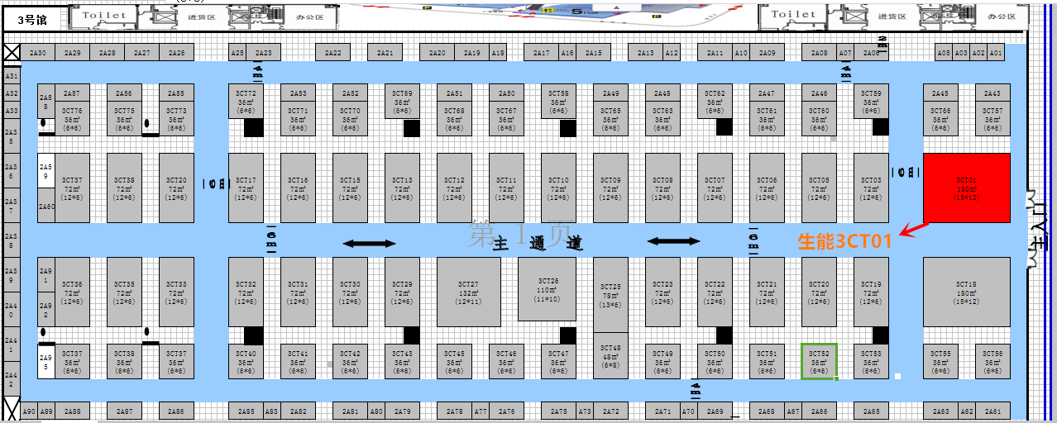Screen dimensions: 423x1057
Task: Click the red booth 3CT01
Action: (x=966, y=188)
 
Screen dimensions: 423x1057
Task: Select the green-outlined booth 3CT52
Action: (x=819, y=362)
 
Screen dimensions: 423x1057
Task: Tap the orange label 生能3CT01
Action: (x=844, y=242)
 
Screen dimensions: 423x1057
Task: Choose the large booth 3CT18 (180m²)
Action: (x=966, y=292)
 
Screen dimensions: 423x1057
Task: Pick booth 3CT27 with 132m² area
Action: (x=468, y=292)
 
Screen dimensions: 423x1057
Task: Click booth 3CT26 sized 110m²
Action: (x=547, y=288)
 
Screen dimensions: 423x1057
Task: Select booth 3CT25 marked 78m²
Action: (x=610, y=295)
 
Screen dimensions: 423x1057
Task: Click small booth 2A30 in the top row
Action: (x=38, y=53)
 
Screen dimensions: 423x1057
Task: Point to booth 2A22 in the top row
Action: (x=332, y=53)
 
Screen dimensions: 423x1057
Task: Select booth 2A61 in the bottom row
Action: (x=992, y=411)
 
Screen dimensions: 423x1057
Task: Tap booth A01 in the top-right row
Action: (x=996, y=53)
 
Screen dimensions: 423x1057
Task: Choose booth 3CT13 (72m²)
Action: (x=402, y=188)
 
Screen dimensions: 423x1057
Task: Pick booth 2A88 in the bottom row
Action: (x=73, y=411)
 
